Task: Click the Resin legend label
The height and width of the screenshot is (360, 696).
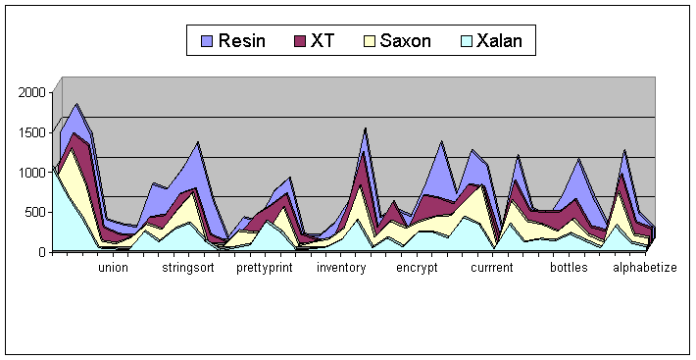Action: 242,41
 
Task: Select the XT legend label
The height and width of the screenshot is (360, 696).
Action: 323,41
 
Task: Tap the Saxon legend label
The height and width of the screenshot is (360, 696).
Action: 405,41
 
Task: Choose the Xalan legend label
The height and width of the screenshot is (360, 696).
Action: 499,41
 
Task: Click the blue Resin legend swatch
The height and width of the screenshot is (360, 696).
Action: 207,41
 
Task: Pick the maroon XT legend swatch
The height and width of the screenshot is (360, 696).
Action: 300,41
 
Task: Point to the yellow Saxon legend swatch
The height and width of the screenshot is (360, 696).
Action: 370,41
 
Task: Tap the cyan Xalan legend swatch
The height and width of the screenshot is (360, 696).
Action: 466,41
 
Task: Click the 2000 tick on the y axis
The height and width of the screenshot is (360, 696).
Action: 32,92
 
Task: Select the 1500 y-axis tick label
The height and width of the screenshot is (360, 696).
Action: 32,132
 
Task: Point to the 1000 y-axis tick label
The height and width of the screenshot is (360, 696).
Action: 32,173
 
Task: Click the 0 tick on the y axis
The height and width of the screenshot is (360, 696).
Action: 42,252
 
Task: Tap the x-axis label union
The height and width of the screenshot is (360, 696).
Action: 113,268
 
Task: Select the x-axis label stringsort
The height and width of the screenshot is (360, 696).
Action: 188,268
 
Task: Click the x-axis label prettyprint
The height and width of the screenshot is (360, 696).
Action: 265,268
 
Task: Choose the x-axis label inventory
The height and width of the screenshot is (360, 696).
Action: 341,268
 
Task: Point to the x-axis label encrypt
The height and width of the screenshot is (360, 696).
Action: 417,268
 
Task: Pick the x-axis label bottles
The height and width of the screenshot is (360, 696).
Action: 569,268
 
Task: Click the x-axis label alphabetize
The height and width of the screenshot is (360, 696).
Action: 645,268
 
